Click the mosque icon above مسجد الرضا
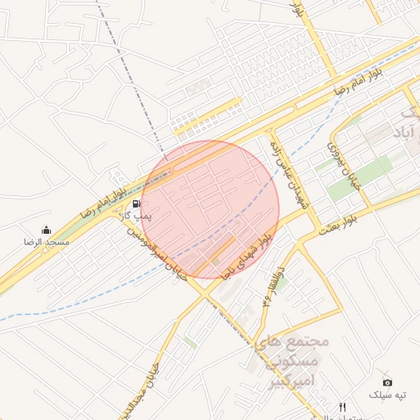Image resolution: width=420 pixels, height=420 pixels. point(45,230)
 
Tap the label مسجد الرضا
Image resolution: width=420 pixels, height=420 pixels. point(46,243)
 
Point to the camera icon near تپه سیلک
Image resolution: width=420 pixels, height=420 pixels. point(387,381)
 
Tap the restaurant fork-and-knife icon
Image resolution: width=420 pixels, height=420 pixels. point(343,407)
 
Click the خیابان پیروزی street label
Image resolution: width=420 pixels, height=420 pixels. point(336,162)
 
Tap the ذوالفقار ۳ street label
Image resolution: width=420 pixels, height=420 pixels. point(272,286)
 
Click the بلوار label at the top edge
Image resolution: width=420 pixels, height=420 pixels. point(299,10)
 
